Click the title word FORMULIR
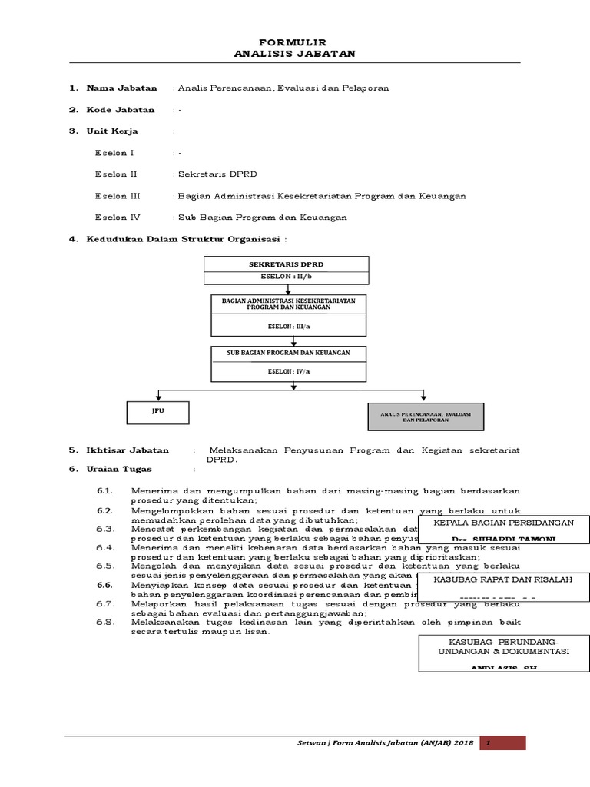click(295, 42)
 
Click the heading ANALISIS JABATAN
click(295, 53)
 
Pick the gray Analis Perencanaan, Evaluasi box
click(425, 417)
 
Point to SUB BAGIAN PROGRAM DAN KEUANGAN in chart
click(288, 353)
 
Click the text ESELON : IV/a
click(288, 370)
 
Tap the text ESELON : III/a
click(288, 326)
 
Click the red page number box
click(502, 743)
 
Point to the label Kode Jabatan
click(120, 110)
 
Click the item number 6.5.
click(105, 565)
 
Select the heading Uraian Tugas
click(119, 468)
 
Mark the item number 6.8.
click(105, 622)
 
